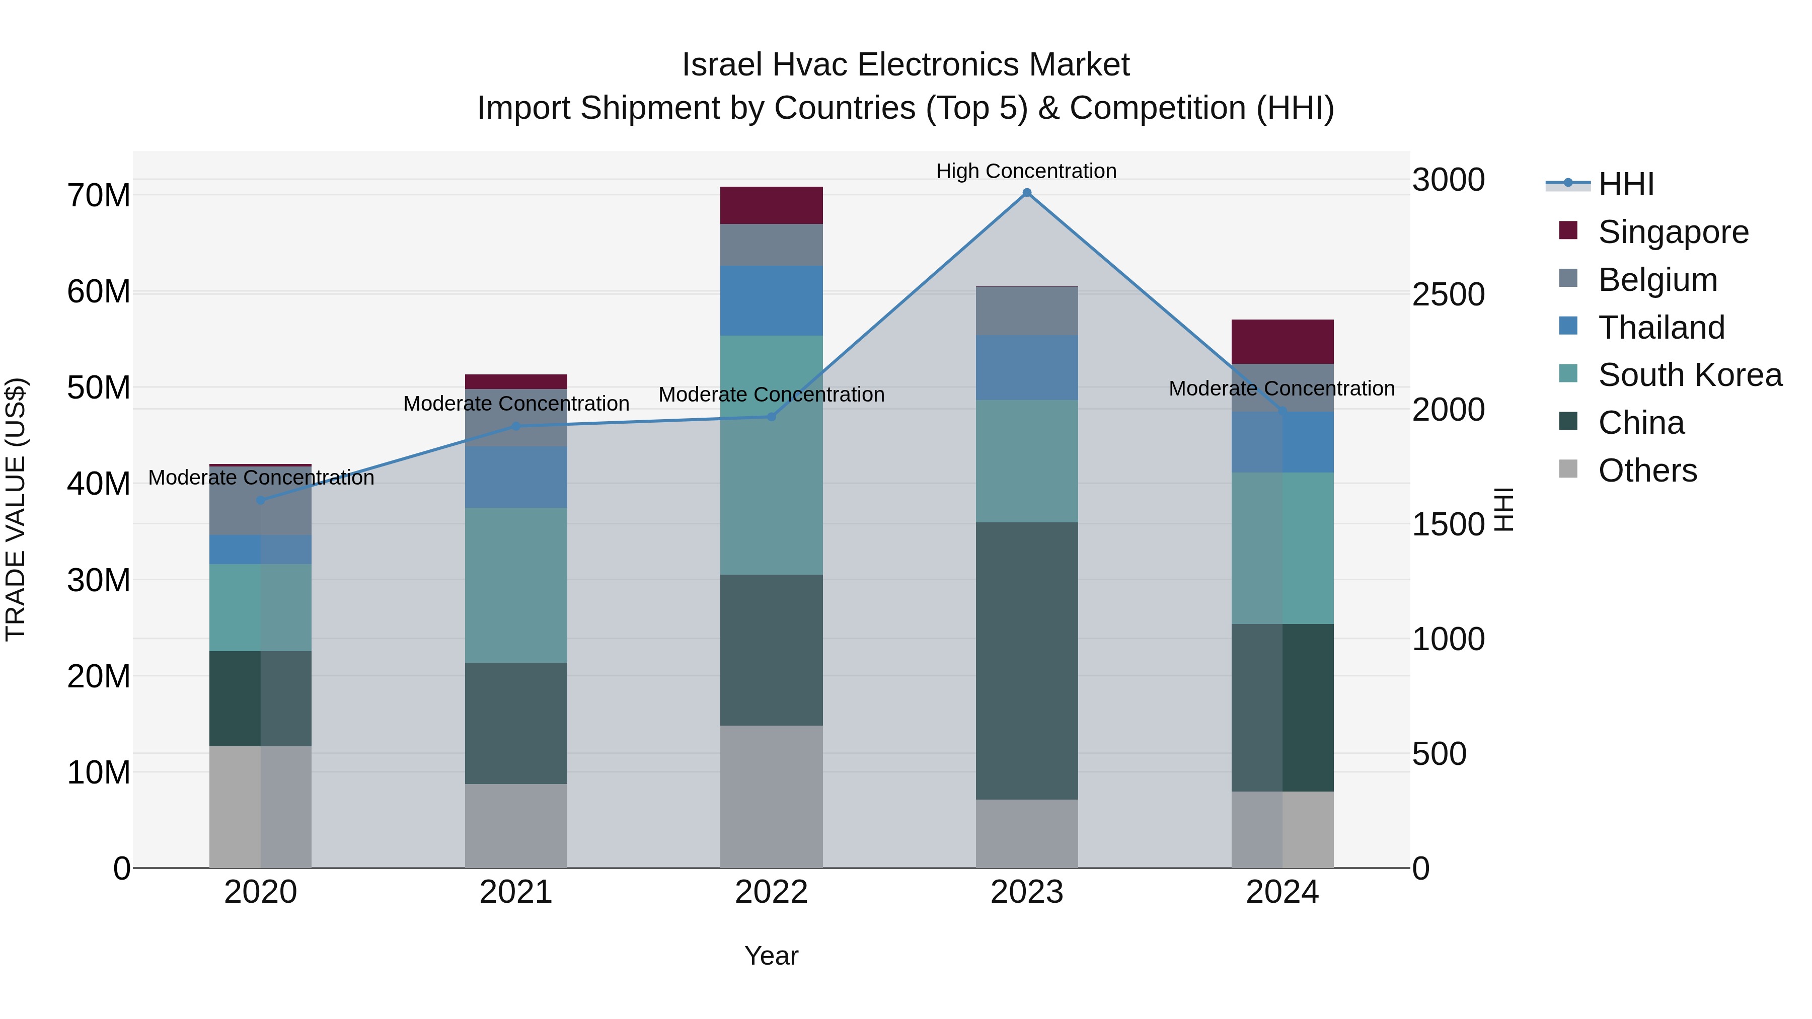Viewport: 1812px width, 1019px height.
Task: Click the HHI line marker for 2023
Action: [x=1026, y=193]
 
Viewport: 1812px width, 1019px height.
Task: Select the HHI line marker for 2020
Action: [x=260, y=500]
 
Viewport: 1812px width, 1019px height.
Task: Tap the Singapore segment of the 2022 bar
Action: [x=771, y=205]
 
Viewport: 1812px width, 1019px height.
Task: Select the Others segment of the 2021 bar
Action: [x=515, y=826]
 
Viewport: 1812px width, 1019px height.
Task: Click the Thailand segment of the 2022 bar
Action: [x=771, y=300]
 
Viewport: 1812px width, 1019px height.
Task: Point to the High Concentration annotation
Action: [x=1026, y=171]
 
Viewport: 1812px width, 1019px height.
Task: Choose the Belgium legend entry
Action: [x=1657, y=280]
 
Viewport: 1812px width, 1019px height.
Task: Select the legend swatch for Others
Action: [x=1568, y=469]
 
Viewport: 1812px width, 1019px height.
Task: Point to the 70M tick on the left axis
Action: [x=99, y=196]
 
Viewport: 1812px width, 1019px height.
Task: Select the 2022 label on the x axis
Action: [x=771, y=892]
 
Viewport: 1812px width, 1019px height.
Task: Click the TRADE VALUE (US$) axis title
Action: [x=16, y=509]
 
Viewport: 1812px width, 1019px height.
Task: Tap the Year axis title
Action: [x=771, y=956]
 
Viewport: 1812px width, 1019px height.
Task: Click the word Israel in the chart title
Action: [x=722, y=65]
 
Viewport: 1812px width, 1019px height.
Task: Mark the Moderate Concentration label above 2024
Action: [x=1281, y=388]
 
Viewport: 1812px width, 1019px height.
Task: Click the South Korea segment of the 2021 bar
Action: [x=515, y=585]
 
